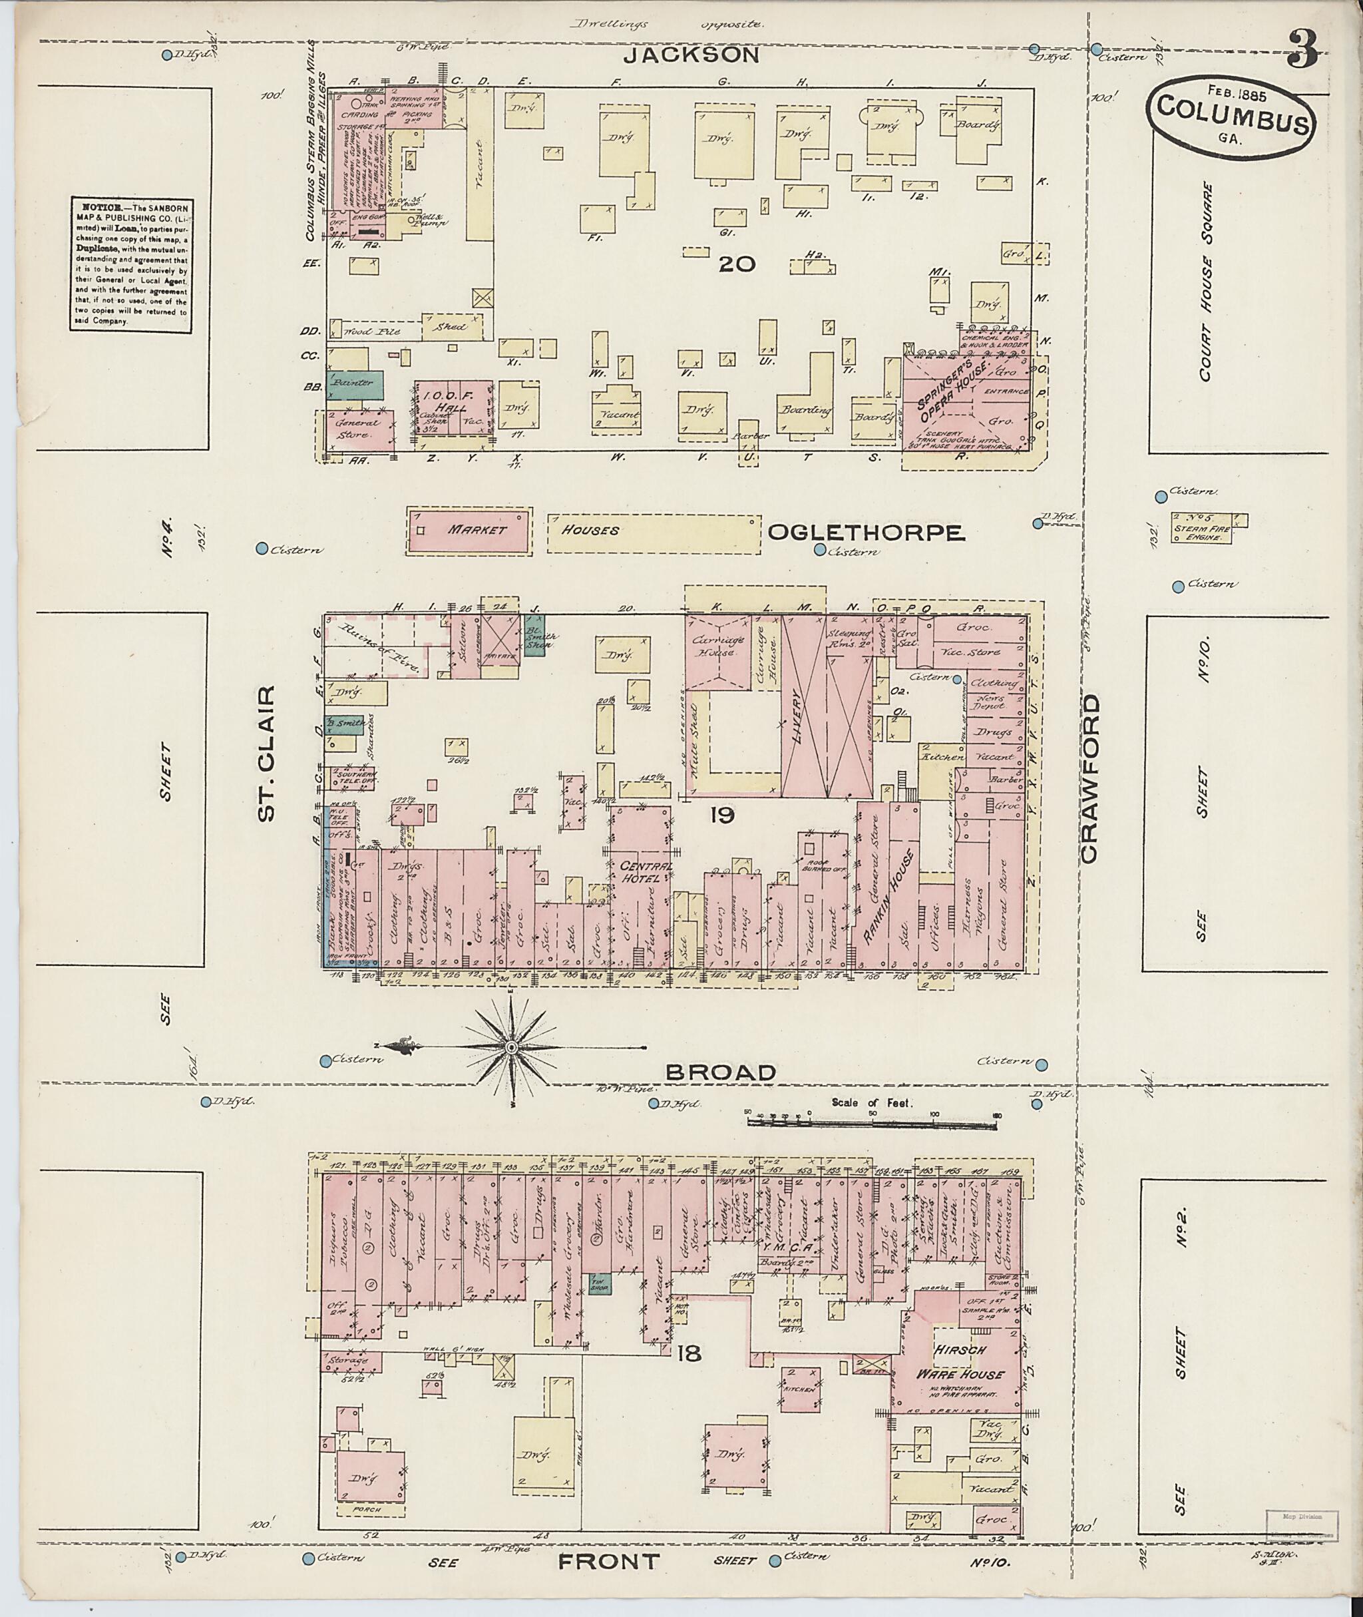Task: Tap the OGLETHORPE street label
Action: (866, 533)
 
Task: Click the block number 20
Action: (735, 264)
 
